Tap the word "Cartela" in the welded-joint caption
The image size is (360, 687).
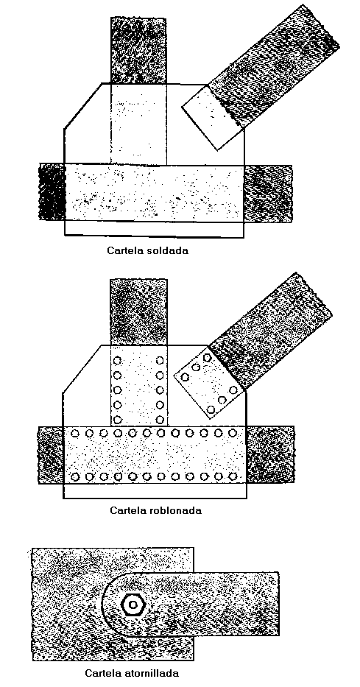[x=124, y=251]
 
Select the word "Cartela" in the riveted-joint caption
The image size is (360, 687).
[x=128, y=510]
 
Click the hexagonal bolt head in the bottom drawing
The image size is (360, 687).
[x=133, y=605]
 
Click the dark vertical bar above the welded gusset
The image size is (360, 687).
[x=138, y=50]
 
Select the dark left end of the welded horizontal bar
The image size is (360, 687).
[x=52, y=191]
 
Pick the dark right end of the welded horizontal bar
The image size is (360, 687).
[x=267, y=193]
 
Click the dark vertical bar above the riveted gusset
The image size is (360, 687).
[x=138, y=312]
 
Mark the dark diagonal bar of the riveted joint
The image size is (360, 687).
[x=271, y=331]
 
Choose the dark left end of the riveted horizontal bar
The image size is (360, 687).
[x=51, y=454]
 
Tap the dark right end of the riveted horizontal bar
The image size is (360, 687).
[x=269, y=454]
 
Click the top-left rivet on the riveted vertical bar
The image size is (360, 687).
[x=117, y=361]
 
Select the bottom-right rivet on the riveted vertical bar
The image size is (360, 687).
[x=160, y=419]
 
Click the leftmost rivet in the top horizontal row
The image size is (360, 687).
[x=75, y=433]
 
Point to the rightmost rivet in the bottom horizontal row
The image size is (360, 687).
[x=233, y=476]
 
